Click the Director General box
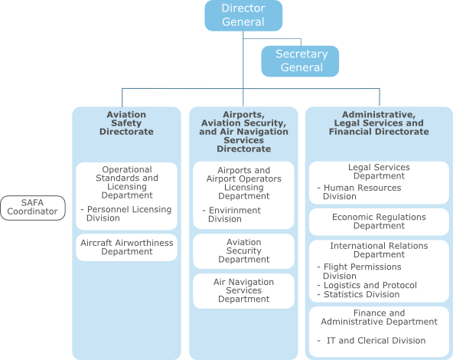coord(243,15)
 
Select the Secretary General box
coord(300,61)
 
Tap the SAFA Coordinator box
coord(33,208)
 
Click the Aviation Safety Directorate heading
coord(126,123)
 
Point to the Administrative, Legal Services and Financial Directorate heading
coord(379,123)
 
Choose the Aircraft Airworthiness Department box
coord(126,247)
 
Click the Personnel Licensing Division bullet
coord(126,214)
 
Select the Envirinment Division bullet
coord(232,214)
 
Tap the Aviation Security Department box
coord(243,251)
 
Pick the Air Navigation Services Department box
coord(243,290)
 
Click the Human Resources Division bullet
coord(359,192)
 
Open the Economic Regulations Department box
coord(379,221)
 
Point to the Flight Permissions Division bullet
coord(359,271)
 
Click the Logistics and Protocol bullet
coord(367,285)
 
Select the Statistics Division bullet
coord(358,294)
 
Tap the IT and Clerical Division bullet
coord(371,341)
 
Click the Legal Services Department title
coord(379,172)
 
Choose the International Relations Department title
coord(379,250)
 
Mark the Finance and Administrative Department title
coord(379,317)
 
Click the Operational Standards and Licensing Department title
coord(127,182)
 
